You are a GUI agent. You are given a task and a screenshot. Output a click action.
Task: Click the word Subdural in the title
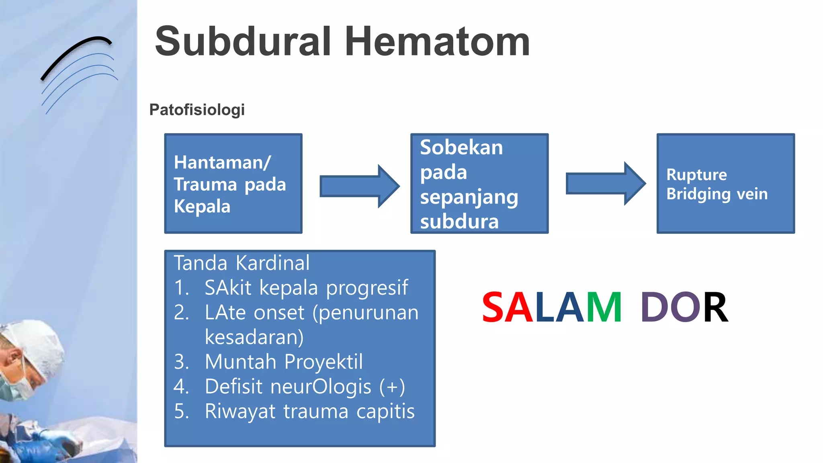[x=243, y=41]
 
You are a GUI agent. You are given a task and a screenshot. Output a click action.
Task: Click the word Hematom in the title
[x=437, y=41]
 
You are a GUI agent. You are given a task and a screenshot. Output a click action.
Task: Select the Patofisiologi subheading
[x=197, y=110]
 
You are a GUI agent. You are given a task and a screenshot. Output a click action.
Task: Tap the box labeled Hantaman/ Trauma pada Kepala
[x=233, y=184]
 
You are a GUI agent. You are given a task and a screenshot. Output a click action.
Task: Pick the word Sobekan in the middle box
[x=461, y=148]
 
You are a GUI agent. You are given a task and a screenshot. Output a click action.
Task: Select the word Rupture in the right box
[x=696, y=175]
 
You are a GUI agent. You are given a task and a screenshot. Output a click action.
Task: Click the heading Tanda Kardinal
[x=242, y=263]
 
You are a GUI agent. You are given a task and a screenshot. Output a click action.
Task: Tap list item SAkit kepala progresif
[x=306, y=288]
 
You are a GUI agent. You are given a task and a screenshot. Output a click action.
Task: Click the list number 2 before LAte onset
[x=181, y=313]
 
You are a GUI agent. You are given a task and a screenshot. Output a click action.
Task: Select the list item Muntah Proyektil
[x=284, y=362]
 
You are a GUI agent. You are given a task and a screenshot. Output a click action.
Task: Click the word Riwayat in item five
[x=240, y=412]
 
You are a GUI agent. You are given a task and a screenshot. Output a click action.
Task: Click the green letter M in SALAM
[x=604, y=308]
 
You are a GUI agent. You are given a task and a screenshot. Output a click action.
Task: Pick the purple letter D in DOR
[x=655, y=308]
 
